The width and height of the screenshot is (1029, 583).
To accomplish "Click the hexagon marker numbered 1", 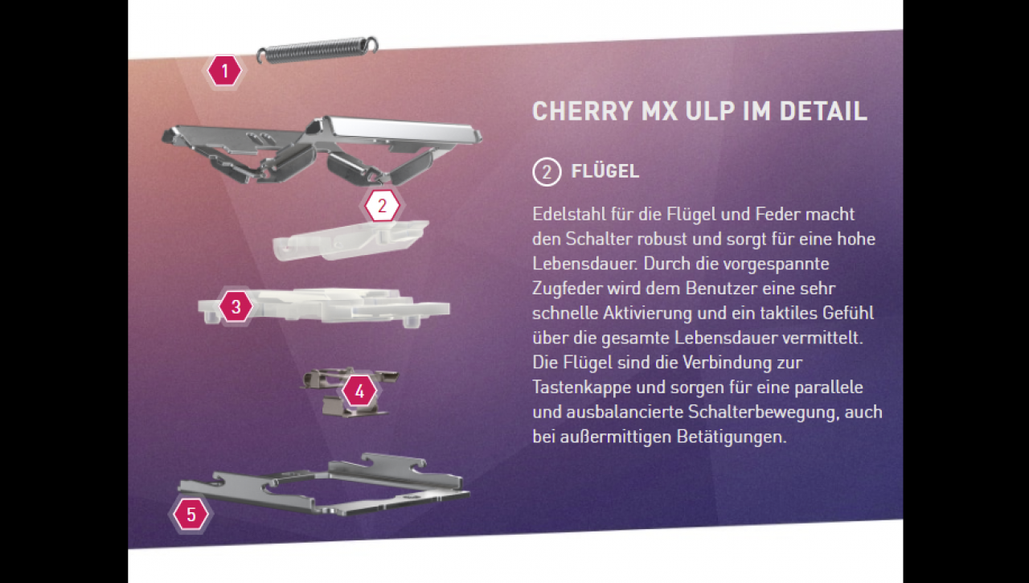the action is click(224, 71).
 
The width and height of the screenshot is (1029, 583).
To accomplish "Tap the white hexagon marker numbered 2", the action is click(382, 205).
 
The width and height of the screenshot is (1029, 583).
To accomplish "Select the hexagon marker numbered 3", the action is click(236, 306).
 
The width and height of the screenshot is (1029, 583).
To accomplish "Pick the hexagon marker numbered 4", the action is click(359, 391).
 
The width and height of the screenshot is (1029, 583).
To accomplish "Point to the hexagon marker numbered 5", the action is click(191, 514).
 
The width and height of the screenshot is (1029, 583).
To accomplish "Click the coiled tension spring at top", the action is click(317, 50).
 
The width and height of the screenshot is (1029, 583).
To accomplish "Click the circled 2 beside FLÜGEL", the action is click(547, 172).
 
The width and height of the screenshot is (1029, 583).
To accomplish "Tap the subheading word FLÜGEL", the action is click(605, 171).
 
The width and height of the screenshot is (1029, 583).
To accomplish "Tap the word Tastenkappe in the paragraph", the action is click(581, 388).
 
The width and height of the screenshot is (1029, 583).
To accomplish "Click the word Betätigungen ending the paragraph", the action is click(732, 437).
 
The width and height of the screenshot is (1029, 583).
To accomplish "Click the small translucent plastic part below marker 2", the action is click(350, 240).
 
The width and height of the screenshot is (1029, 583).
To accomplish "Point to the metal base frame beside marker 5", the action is click(324, 487).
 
